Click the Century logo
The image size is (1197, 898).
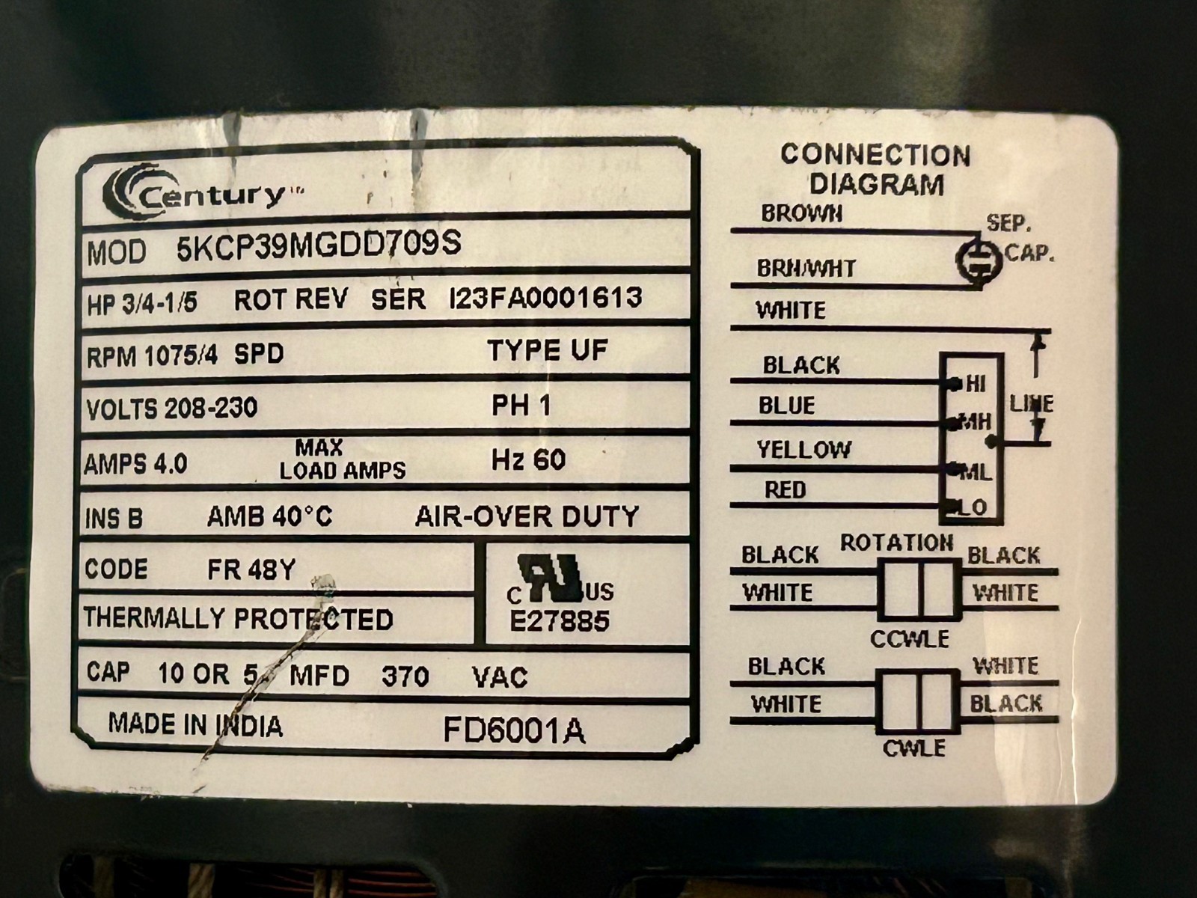pyautogui.click(x=202, y=194)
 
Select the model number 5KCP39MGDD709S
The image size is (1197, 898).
pyautogui.click(x=319, y=245)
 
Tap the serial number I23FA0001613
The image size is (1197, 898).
pyautogui.click(x=545, y=299)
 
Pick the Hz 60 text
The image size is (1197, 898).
pyautogui.click(x=528, y=459)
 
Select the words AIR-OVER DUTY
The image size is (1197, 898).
pyautogui.click(x=527, y=516)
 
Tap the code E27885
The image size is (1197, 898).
pyautogui.click(x=560, y=620)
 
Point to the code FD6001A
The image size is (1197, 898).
pyautogui.click(x=514, y=730)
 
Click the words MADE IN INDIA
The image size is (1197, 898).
pyautogui.click(x=195, y=724)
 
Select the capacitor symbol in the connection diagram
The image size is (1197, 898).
pyautogui.click(x=979, y=260)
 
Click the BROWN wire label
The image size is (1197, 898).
pyautogui.click(x=802, y=214)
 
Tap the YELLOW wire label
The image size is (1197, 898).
pyautogui.click(x=803, y=450)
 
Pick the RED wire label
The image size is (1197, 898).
pyautogui.click(x=785, y=490)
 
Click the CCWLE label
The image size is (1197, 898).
pyautogui.click(x=910, y=638)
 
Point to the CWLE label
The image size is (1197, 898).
pyautogui.click(x=914, y=748)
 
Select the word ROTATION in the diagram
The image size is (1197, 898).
pyautogui.click(x=896, y=543)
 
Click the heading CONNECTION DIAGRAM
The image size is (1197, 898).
pyautogui.click(x=876, y=170)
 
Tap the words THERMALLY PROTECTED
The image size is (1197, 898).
pyautogui.click(x=239, y=619)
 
